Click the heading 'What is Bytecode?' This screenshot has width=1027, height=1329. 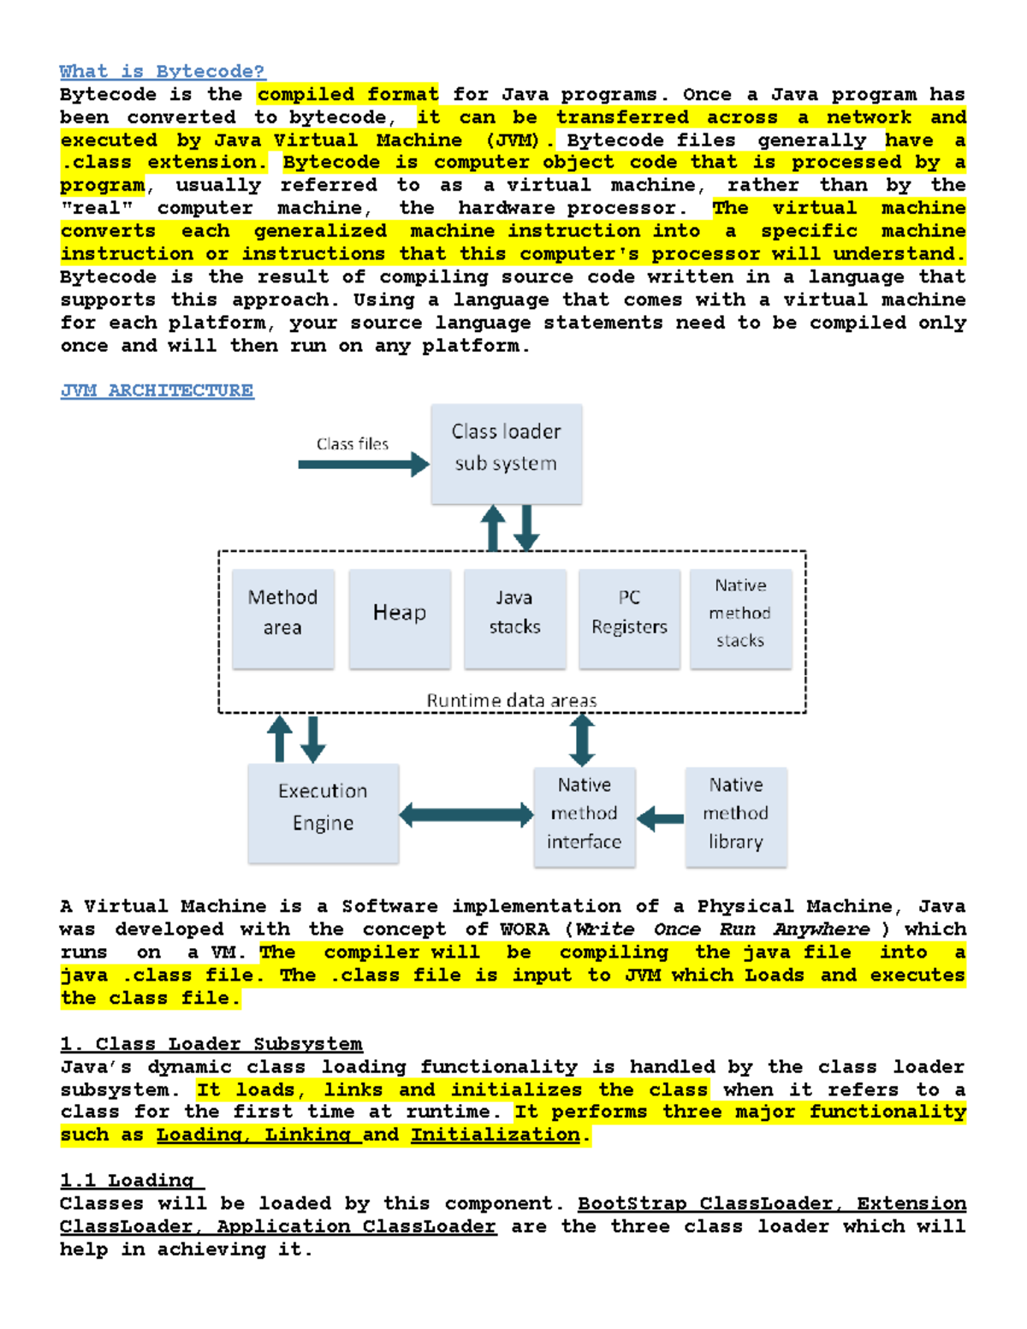click(162, 72)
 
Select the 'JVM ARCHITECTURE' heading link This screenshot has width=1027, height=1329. click(157, 391)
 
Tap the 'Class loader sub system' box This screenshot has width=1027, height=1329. click(506, 454)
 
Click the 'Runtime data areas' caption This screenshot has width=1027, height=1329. click(512, 701)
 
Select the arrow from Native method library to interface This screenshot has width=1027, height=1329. click(661, 819)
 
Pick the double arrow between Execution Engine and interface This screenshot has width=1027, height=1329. click(466, 815)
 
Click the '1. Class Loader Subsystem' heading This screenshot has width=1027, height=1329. click(211, 1044)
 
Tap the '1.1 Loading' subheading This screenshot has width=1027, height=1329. click(132, 1181)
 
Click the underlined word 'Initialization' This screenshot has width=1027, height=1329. click(496, 1136)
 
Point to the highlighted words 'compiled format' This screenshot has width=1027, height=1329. click(347, 95)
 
